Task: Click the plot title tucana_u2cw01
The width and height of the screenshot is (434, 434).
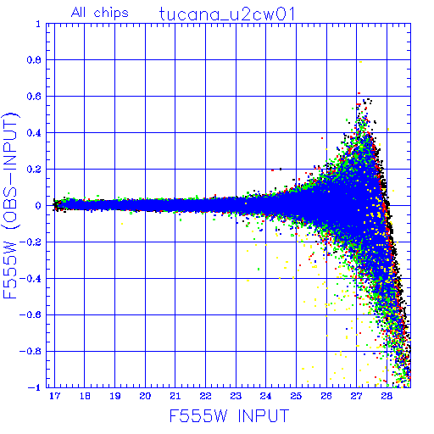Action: [227, 14]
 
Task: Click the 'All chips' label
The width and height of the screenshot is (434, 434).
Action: [100, 13]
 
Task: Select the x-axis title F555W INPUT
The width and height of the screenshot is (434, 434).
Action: [229, 415]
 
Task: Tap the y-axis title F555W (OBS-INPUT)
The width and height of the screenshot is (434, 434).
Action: [10, 206]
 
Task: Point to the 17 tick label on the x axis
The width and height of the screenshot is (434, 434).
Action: [54, 396]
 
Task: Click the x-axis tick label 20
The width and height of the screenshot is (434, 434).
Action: [145, 396]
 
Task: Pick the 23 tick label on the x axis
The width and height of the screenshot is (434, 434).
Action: [236, 396]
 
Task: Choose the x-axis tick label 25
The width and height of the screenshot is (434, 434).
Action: [296, 396]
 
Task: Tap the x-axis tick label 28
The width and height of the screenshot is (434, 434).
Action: [387, 396]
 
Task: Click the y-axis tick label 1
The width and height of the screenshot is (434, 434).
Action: [38, 24]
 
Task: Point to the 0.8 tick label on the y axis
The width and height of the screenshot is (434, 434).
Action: [34, 60]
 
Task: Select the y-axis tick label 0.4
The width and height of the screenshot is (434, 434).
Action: [34, 133]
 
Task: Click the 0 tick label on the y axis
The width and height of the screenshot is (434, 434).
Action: [38, 206]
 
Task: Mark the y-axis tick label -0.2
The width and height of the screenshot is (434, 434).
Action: [31, 242]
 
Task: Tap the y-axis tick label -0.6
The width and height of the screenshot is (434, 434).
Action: [31, 314]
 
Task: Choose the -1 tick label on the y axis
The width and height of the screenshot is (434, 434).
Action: [35, 387]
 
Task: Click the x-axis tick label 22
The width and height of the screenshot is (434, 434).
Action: [205, 396]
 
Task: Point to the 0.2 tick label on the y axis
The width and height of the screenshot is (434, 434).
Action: [34, 170]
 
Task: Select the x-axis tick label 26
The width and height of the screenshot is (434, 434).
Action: [326, 396]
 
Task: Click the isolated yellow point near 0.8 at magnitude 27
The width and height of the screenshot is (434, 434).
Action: [360, 62]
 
